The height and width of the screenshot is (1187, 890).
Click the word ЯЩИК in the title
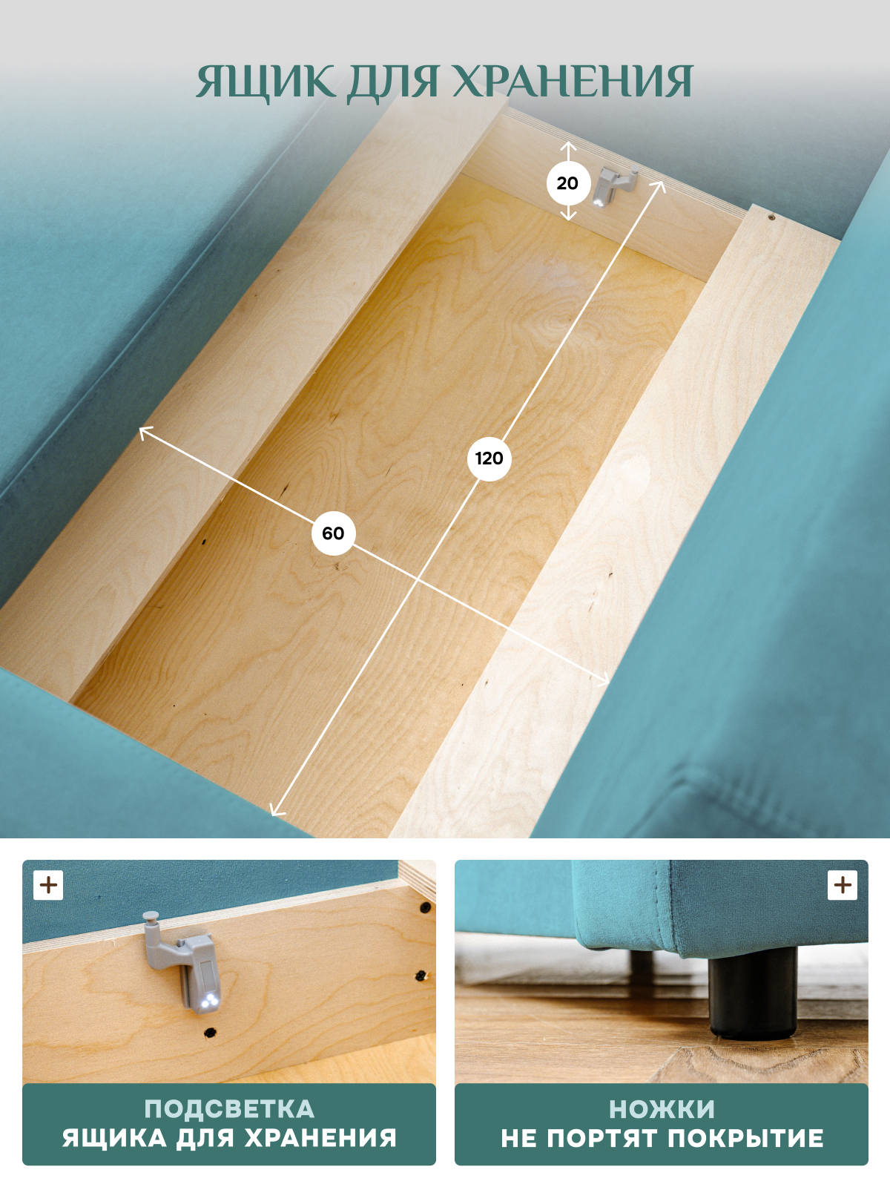[264, 82]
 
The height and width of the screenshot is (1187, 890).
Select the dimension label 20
[567, 183]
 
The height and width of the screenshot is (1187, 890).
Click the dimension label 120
[489, 458]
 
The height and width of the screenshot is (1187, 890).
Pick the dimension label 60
[333, 533]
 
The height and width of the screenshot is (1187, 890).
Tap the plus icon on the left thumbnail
[48, 885]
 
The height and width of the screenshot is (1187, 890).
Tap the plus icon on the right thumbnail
[843, 885]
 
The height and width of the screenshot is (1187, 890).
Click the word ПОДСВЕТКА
[229, 1109]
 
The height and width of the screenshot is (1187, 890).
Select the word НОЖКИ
[662, 1109]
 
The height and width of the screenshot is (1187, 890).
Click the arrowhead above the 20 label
[567, 146]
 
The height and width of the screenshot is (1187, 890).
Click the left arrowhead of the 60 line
[145, 432]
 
